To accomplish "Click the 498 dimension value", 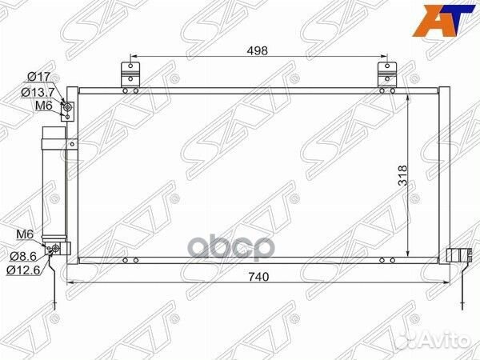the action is pos(257,51).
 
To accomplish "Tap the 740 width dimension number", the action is pos(258,277).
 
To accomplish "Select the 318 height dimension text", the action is pos(403,175).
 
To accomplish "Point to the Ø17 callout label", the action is pos(39,77).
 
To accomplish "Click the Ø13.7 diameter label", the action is pos(38,92).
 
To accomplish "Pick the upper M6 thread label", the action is pos(44,106).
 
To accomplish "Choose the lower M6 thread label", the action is pos(25,234).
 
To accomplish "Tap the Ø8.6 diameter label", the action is pos(23,256).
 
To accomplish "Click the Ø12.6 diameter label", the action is pos(23,270).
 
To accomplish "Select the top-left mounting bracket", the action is pos(130,74).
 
